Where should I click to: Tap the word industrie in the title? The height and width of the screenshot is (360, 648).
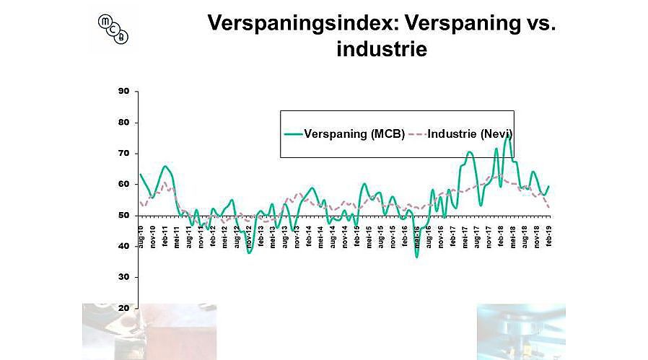382,49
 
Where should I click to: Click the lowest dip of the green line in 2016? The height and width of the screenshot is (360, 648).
417,256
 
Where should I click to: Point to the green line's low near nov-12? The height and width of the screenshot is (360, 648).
249,253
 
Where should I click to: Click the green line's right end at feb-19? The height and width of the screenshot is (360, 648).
549,187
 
